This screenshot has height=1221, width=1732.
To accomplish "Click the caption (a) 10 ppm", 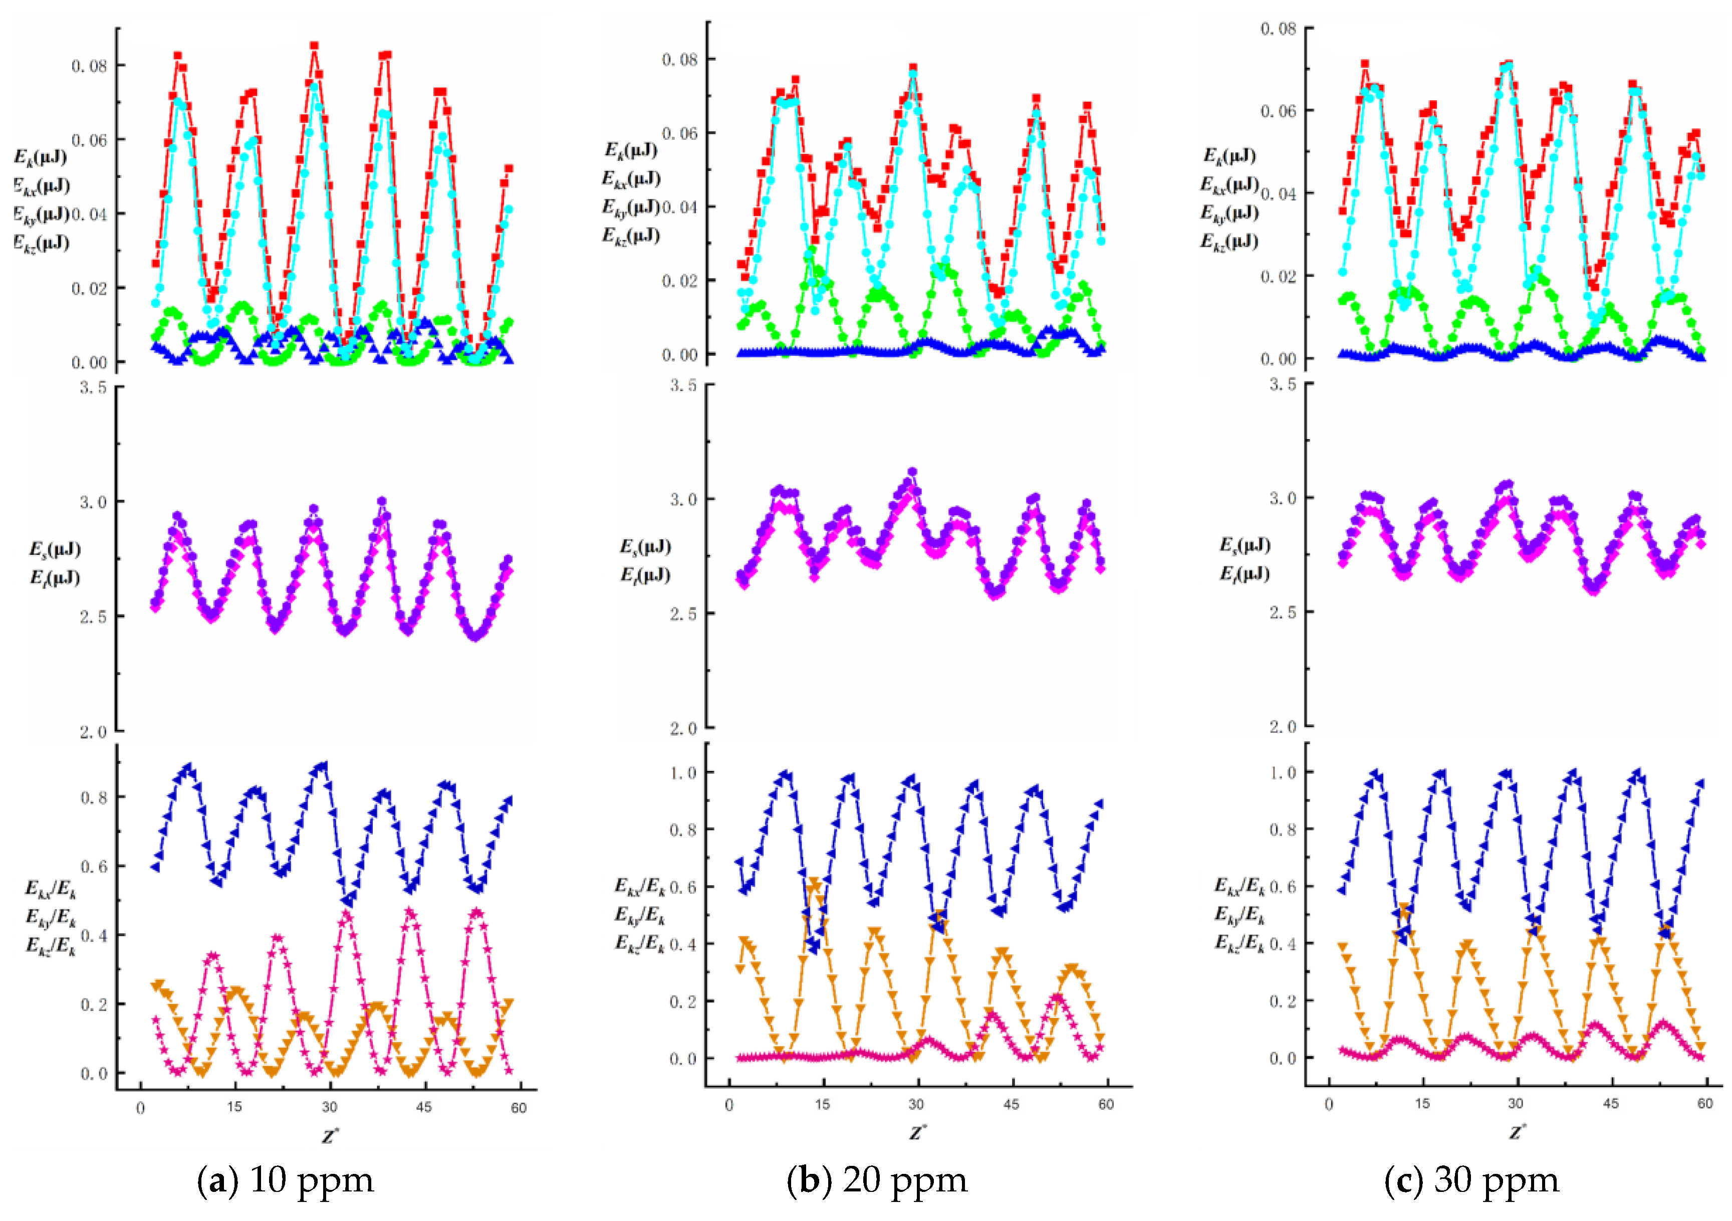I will coord(285,1179).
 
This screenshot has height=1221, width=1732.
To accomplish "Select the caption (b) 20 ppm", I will coord(877,1179).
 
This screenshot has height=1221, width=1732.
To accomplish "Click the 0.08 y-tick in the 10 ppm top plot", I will coord(89,66).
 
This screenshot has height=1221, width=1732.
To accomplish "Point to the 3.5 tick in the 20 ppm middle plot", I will coord(683,385).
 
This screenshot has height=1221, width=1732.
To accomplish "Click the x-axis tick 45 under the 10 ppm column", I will coord(424,1107).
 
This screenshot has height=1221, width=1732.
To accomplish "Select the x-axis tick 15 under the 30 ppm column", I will coord(1422,1103).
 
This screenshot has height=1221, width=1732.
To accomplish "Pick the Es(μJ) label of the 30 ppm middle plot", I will coord(1245,545).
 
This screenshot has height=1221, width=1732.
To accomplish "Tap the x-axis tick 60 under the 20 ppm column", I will coord(1105,1104).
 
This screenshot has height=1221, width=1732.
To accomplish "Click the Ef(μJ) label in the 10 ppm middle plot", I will coord(54,578).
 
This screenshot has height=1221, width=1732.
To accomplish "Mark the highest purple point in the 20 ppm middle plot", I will coord(912,472).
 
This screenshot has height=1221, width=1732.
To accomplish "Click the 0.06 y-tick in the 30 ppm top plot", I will coord(1278,111).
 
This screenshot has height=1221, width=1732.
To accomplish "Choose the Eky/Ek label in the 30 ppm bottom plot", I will coord(1239,914).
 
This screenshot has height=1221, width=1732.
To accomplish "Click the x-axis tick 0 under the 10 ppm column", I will coord(140,1107).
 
